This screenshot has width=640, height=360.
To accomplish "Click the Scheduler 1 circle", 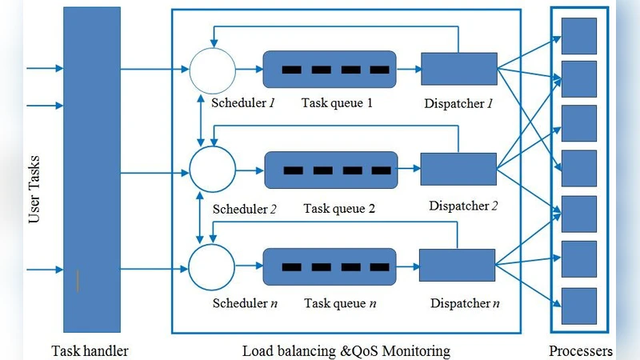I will (x=212, y=70).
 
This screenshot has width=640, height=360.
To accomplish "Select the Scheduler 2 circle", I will (x=212, y=169).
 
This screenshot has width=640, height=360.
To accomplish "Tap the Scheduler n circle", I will (x=212, y=267).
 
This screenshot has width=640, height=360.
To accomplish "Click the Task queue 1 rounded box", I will (x=330, y=70).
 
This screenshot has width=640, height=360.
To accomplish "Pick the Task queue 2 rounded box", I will (x=330, y=170).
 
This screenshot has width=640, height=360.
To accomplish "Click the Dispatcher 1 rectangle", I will (x=458, y=69).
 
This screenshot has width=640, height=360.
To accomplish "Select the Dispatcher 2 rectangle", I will (x=458, y=168).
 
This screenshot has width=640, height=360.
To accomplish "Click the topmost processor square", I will (x=578, y=34).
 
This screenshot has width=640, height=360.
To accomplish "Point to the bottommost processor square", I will (x=578, y=305).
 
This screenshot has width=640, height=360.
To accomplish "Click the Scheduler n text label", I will (x=245, y=304).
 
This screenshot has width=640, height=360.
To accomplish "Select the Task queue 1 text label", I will (x=337, y=103).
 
